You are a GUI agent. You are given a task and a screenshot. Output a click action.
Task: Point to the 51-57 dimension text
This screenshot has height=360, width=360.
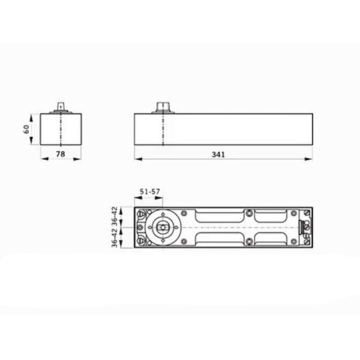tap(149, 192)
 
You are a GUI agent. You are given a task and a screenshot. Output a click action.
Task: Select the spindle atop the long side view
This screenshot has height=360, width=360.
tap(163, 107)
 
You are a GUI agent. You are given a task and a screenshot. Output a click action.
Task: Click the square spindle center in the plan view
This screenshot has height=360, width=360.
tap(163, 227)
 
